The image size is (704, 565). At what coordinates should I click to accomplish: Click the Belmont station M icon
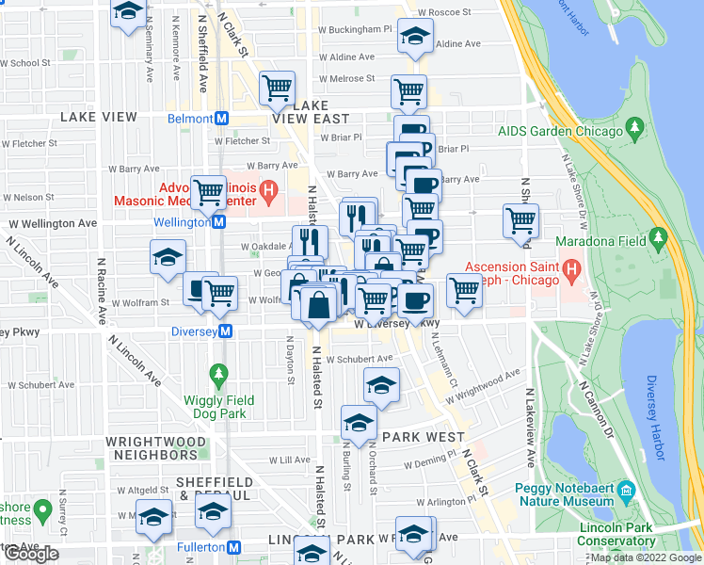[x=222, y=119]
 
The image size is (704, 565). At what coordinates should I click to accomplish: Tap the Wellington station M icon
[x=218, y=222]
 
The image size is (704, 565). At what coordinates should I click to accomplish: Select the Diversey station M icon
[x=226, y=331]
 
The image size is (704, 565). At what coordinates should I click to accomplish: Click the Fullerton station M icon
[x=234, y=547]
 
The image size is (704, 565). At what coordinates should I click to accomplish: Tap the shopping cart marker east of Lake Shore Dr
[x=520, y=220]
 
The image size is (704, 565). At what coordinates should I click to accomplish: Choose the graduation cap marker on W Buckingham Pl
[x=412, y=37]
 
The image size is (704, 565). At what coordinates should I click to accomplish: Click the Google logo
[x=31, y=554]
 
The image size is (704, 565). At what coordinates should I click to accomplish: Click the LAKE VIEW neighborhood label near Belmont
[x=99, y=117]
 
